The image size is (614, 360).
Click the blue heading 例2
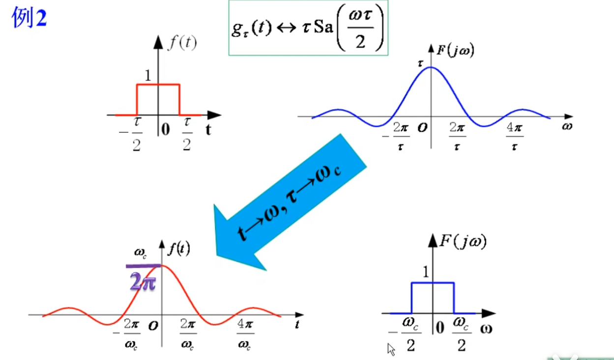click(x=29, y=17)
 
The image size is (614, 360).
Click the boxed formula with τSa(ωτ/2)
click(x=308, y=28)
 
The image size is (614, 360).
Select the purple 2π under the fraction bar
click(x=143, y=281)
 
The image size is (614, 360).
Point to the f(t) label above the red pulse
click(x=182, y=43)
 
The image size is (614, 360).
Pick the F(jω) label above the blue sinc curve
click(x=456, y=51)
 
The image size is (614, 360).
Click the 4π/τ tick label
click(x=515, y=136)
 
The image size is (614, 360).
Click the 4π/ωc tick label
click(x=245, y=334)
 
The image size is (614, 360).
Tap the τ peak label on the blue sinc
click(x=420, y=63)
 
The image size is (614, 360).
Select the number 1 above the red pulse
click(x=148, y=75)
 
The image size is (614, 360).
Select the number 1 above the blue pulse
click(x=426, y=272)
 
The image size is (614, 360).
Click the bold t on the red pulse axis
click(x=208, y=129)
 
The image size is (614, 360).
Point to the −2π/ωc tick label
click(x=127, y=334)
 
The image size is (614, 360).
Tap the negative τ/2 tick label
click(x=131, y=134)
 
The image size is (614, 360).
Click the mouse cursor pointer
click(x=391, y=350)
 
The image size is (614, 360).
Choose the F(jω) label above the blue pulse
click(x=463, y=241)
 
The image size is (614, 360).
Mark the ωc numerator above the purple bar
click(x=140, y=252)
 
